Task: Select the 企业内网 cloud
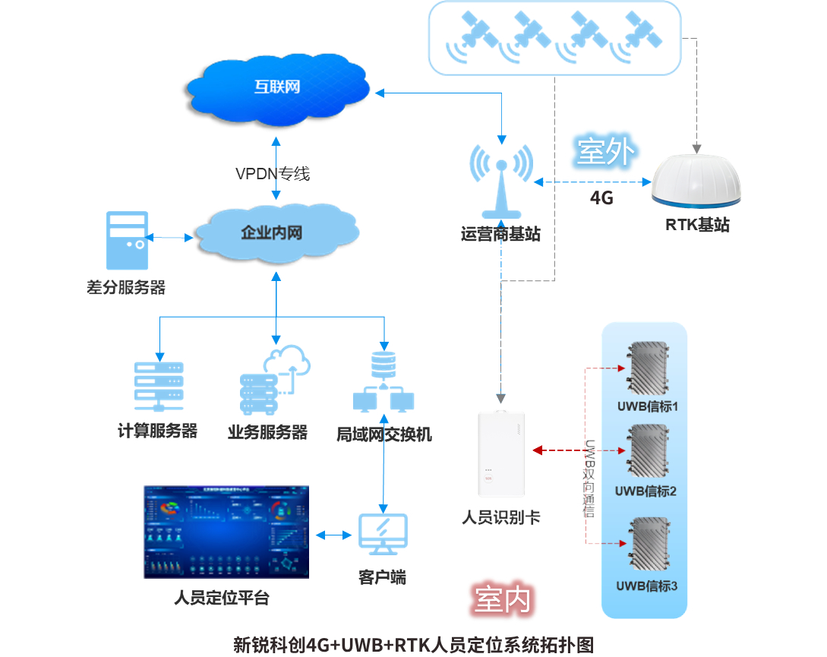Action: pos(274,232)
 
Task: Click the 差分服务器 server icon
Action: pos(126,241)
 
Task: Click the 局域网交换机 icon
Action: pos(384,384)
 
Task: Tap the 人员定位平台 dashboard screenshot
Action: pos(226,532)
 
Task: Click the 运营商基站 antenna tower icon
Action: pos(501,182)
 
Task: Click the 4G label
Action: pos(601,199)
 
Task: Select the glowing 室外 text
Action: pos(604,152)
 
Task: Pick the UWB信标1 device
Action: pos(646,371)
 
